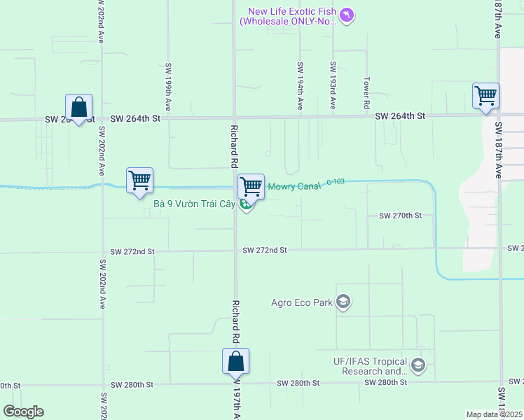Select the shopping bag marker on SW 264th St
[x=78, y=108]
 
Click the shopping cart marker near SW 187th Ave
[x=485, y=95]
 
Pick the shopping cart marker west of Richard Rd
[x=139, y=181]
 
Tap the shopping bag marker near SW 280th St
[x=236, y=361]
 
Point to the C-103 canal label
[x=336, y=182]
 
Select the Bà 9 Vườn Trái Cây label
[x=193, y=204]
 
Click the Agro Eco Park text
[x=302, y=302]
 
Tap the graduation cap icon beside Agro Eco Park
[x=343, y=302]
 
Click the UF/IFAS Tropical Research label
[x=369, y=366]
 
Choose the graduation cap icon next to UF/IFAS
[x=418, y=365]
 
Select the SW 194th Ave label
[x=300, y=86]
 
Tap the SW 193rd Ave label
[x=333, y=86]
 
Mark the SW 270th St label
[x=400, y=216]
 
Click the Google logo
[x=24, y=412]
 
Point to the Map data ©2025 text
[x=495, y=414]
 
